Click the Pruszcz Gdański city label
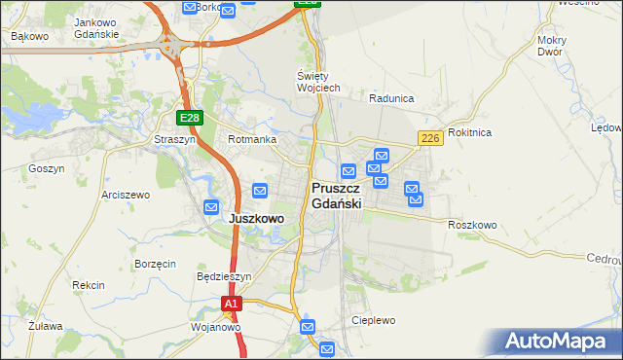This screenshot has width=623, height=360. [x=337, y=196]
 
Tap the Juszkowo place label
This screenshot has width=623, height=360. [x=256, y=219]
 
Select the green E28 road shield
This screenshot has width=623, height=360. [x=190, y=118]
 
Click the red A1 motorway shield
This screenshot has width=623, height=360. [x=231, y=305]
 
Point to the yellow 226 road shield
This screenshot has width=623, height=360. [x=431, y=140]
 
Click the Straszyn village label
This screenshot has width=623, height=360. [x=175, y=140]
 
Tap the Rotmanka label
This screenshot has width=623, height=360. [x=248, y=140]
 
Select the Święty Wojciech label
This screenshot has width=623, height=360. [x=317, y=82]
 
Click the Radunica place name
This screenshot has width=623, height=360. [x=391, y=98]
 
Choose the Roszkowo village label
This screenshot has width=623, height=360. [x=472, y=225]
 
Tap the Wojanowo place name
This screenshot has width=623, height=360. [x=215, y=327]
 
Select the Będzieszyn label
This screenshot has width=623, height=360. [x=224, y=276]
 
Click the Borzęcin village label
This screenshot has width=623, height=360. [x=155, y=264]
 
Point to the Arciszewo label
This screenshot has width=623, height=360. [x=125, y=195]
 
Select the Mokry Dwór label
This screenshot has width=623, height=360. [x=551, y=46]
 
